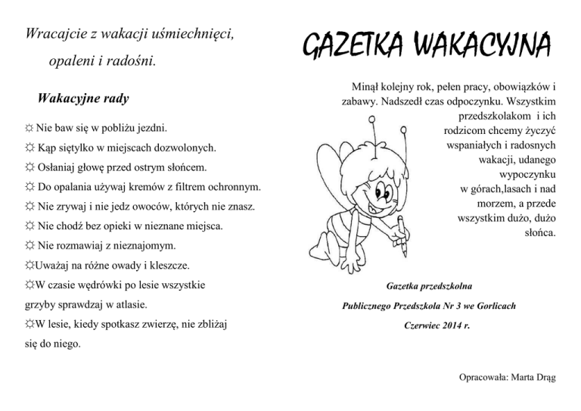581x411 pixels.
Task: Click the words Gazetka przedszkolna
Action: pos(429,286)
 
